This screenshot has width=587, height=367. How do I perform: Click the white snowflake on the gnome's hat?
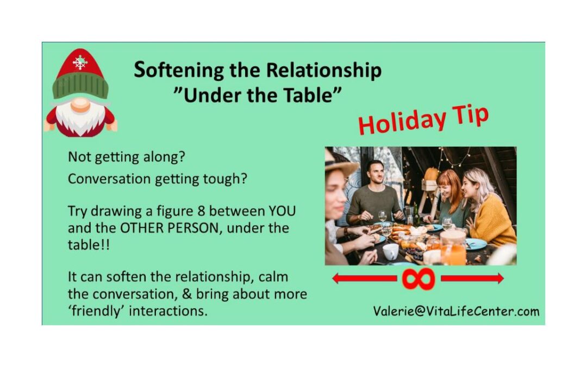coord(80,62)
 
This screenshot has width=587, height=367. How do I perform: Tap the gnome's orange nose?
coord(80,105)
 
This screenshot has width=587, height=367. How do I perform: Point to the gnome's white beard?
coord(80,118)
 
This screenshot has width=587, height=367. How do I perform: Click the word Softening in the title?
coord(179,70)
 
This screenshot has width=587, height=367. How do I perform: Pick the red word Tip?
coord(470,114)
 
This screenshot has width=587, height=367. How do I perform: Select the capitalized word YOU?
coord(282,211)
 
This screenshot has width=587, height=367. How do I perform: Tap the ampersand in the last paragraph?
coord(187,294)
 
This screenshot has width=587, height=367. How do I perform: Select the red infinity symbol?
coord(418,278)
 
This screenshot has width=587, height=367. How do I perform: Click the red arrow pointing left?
coord(364,278)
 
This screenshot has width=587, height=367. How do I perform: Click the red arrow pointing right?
coord(472,278)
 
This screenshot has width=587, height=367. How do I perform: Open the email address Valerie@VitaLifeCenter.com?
coord(456,311)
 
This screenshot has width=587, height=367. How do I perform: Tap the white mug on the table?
coord(390,252)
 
